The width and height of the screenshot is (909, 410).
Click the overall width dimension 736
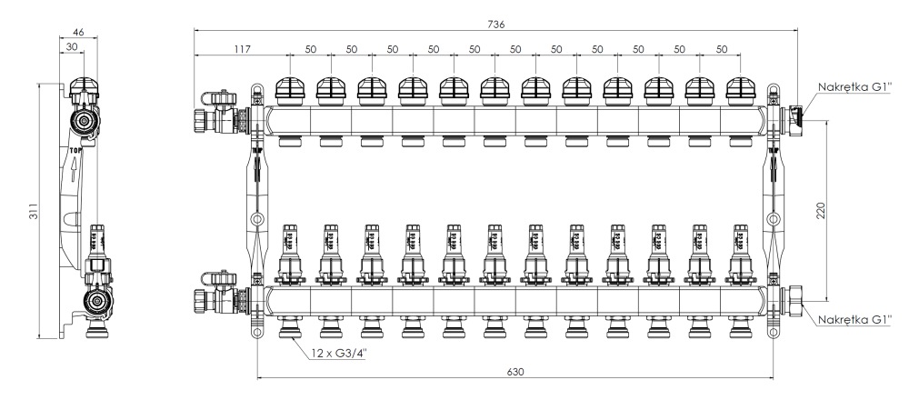(494, 22)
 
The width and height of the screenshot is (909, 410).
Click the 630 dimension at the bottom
(514, 373)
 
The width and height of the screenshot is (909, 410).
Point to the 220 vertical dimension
(822, 211)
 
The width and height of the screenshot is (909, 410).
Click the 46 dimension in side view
(78, 32)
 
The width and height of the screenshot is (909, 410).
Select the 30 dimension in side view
(71, 45)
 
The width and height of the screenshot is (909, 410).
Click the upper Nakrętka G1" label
(854, 88)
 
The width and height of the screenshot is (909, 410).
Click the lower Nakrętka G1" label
(854, 319)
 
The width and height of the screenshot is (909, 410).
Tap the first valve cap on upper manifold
(289, 88)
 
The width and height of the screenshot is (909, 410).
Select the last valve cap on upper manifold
(741, 88)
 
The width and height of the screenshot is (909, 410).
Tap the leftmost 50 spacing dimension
(310, 48)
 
